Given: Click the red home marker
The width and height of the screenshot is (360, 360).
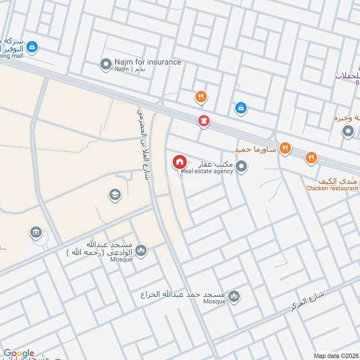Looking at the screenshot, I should pos(179,162).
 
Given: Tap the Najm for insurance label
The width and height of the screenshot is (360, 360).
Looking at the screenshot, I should pos(147,62).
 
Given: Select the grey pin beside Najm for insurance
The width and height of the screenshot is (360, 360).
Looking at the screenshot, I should pos(106,64).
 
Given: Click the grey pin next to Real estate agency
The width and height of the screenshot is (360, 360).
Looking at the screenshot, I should pos(242,167).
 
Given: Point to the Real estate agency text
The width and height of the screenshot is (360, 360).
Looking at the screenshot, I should pos(207,171).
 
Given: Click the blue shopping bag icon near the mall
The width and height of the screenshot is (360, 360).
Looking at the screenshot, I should pos(32,46).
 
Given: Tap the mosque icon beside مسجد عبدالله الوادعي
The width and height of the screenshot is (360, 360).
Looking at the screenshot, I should pos(141,250).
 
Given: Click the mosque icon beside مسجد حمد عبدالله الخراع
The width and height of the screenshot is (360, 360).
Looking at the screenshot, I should pos(233,296).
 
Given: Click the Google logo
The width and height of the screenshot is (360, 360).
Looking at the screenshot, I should pos(19,354).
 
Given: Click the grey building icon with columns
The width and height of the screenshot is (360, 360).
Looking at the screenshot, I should pos(36,232).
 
